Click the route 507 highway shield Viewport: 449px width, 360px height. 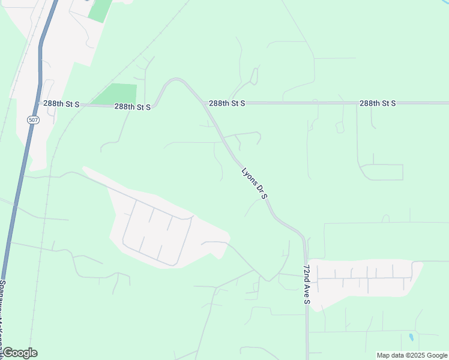pyautogui.click(x=33, y=120)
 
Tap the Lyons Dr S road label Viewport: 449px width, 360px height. pyautogui.click(x=254, y=184)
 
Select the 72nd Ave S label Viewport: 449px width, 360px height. pyautogui.click(x=306, y=283)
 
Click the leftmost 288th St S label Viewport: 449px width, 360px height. pyautogui.click(x=62, y=104)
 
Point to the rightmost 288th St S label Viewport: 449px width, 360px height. pyautogui.click(x=378, y=103)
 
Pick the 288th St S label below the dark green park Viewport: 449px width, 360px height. pyautogui.click(x=132, y=107)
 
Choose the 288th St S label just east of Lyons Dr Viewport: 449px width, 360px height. pyautogui.click(x=227, y=103)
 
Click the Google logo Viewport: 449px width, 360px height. pyautogui.click(x=20, y=353)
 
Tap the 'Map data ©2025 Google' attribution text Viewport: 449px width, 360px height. pyautogui.click(x=412, y=355)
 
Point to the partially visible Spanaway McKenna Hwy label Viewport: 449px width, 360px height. pyautogui.click(x=3, y=318)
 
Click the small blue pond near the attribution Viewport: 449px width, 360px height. pyautogui.click(x=411, y=338)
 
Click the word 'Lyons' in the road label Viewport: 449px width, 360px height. pyautogui.click(x=248, y=176)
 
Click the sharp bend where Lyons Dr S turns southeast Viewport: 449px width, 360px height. pyautogui.click(x=176, y=79)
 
